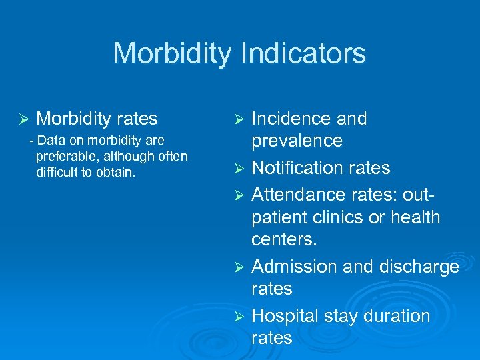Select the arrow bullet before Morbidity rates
(x=23, y=119)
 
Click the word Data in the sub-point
(x=50, y=140)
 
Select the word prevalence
(x=297, y=141)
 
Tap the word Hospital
(x=285, y=315)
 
